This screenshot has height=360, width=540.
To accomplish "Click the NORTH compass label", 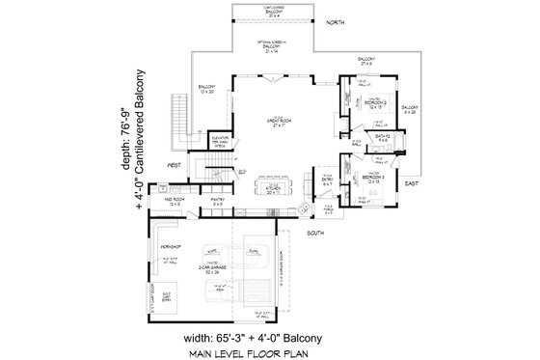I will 335,20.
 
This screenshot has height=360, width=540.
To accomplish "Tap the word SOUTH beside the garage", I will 314,233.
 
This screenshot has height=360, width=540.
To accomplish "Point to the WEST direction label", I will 175,166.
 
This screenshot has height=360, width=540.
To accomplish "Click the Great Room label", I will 280,121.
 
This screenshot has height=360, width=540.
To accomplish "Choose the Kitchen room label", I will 274,190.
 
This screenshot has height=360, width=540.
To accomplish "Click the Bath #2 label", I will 382,138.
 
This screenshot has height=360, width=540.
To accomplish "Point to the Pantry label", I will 219,203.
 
